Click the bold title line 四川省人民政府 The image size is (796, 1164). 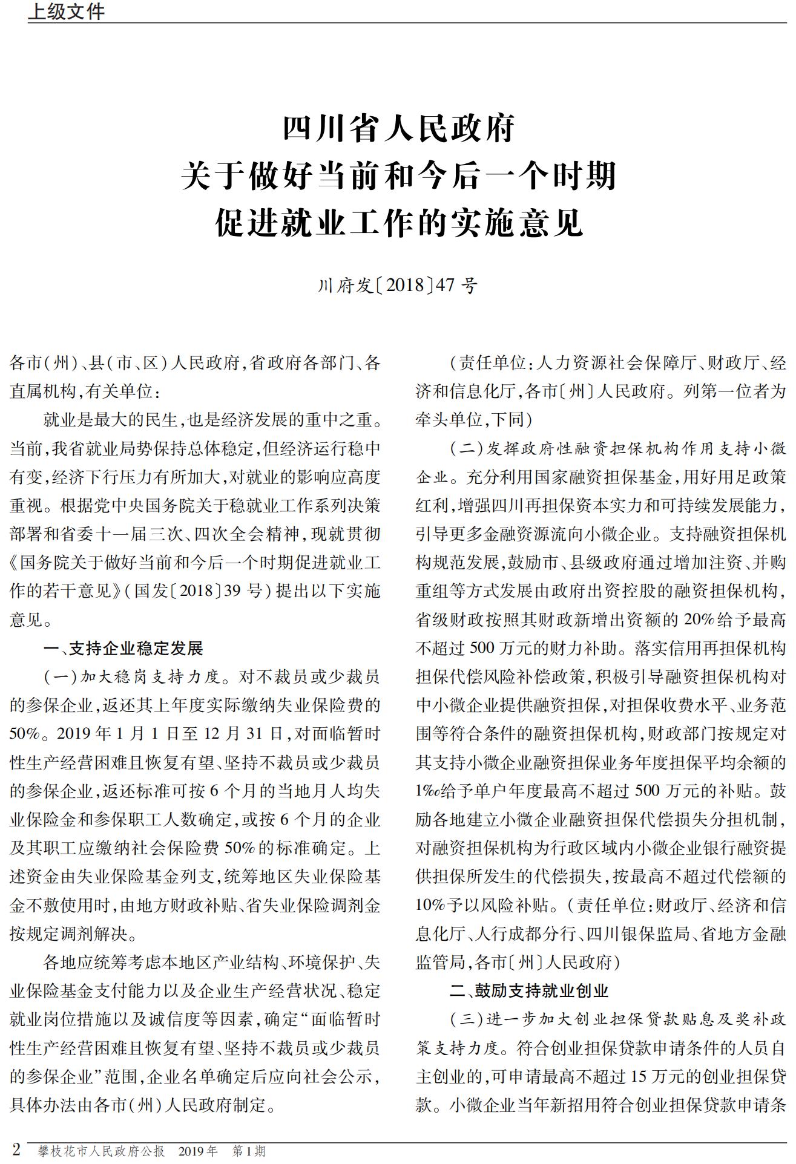pos(398,128)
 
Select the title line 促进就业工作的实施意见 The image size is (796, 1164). pos(398,223)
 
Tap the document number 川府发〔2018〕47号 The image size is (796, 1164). pos(398,285)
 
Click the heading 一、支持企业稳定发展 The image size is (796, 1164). pos(123,649)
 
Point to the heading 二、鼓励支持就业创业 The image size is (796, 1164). pos(529,991)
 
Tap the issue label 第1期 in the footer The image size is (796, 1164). pos(249,1151)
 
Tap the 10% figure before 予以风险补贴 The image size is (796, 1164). pos(430,906)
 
